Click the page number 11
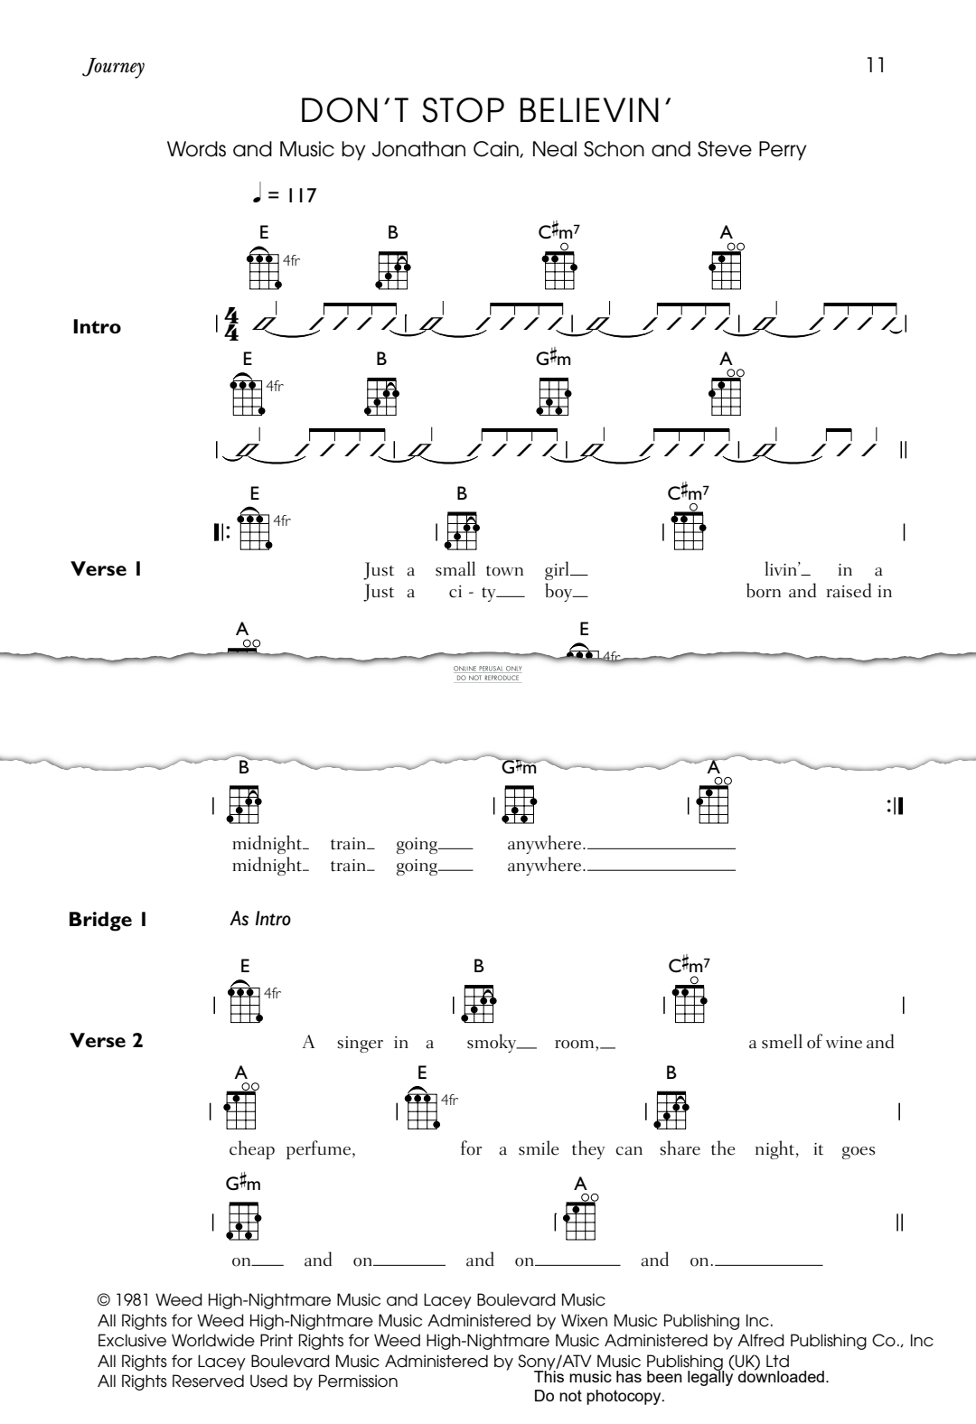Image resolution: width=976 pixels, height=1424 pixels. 876,65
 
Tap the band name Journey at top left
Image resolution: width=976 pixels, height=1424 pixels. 114,67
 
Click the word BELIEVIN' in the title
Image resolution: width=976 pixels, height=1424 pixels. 596,110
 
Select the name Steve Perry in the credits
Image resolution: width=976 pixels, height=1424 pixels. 752,149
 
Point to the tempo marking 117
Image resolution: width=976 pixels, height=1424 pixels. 301,195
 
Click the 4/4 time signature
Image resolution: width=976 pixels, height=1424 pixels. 232,325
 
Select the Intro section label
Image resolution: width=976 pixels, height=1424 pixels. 97,327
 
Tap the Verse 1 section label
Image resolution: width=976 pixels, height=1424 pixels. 106,569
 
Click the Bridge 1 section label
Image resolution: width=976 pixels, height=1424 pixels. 108,920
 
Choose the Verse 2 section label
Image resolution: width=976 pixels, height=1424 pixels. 107,1041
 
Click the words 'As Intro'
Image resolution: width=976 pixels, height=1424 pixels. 260,919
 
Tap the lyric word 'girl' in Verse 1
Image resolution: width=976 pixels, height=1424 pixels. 558,570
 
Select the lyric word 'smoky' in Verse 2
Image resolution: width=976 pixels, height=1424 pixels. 492,1043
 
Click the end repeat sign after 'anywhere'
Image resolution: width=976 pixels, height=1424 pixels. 896,807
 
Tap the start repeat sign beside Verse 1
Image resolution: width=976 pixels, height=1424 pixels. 221,533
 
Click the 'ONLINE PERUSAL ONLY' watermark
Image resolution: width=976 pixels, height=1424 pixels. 488,669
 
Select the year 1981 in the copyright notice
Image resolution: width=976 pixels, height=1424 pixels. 133,1301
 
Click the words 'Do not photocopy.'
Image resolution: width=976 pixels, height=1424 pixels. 599,1397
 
